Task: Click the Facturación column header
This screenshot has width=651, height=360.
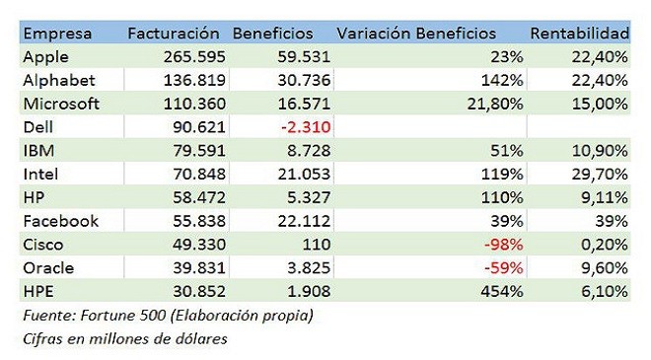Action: [174, 34]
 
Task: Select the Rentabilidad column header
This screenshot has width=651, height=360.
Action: [580, 34]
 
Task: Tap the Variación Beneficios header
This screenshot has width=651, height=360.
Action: [416, 34]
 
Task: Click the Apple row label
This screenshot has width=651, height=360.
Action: [45, 57]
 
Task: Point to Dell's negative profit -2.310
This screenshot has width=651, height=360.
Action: [306, 127]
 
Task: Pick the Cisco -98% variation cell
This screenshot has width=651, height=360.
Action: [504, 245]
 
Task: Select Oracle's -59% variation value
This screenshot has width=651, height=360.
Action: [504, 268]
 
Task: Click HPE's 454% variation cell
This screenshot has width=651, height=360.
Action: [502, 292]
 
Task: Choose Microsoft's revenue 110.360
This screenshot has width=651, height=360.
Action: [194, 104]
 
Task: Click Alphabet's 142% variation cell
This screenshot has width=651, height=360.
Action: [502, 80]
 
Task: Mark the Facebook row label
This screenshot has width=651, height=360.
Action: [60, 221]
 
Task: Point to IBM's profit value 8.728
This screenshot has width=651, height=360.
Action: [309, 151]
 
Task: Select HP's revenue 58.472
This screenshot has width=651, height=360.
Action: [199, 197]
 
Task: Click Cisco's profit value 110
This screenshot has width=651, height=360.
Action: [317, 245]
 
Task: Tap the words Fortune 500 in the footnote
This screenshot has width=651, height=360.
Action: [123, 316]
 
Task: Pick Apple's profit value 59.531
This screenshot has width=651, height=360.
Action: [304, 57]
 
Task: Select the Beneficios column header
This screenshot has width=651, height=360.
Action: [273, 34]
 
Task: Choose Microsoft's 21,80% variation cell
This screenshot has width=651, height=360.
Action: [495, 105]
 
